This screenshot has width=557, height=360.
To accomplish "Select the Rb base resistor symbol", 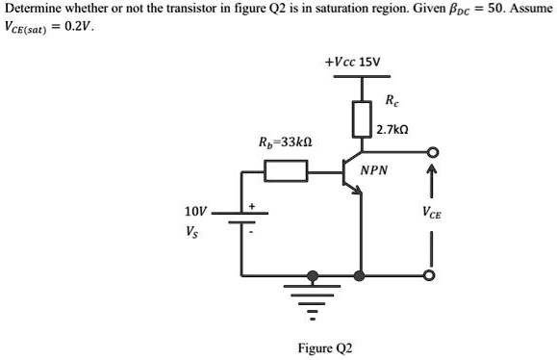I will coord(285,172).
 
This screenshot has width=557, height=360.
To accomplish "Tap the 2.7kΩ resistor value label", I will coord(394,128).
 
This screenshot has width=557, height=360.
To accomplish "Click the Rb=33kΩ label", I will coord(286,141).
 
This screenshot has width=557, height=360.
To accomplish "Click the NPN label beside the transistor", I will coord(374,170).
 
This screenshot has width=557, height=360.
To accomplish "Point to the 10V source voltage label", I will coord(194,211).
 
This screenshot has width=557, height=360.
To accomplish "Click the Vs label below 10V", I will coord(193,231).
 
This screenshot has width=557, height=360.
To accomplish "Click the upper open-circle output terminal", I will coord(433,153).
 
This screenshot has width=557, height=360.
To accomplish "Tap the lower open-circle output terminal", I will coord(433,275).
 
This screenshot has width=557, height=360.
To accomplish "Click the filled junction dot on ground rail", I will coord(361,275).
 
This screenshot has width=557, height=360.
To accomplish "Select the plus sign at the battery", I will coord(253,205).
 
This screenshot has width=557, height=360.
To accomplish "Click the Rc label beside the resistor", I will coord(390,101).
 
